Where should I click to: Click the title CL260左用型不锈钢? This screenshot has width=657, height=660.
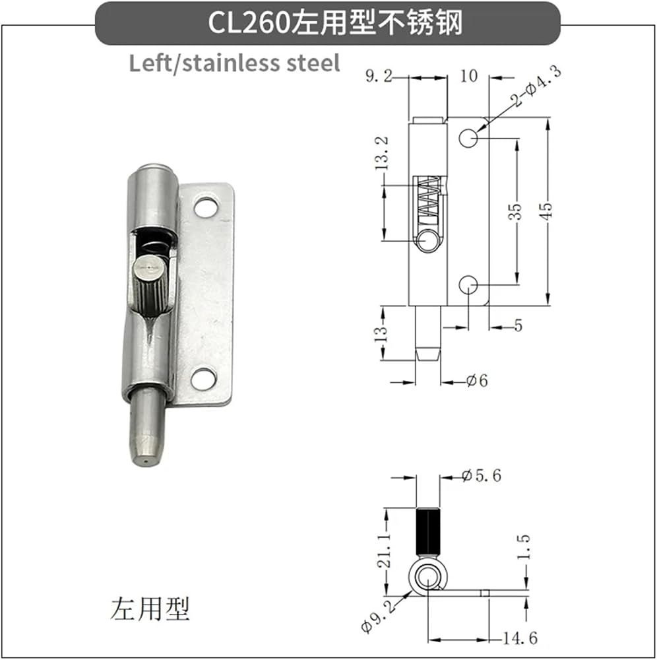[x=335, y=22]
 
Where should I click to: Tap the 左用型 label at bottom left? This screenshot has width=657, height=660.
[x=150, y=609]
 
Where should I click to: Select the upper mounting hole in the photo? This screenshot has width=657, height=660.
[x=206, y=207]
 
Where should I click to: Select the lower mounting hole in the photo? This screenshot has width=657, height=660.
[x=204, y=378]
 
